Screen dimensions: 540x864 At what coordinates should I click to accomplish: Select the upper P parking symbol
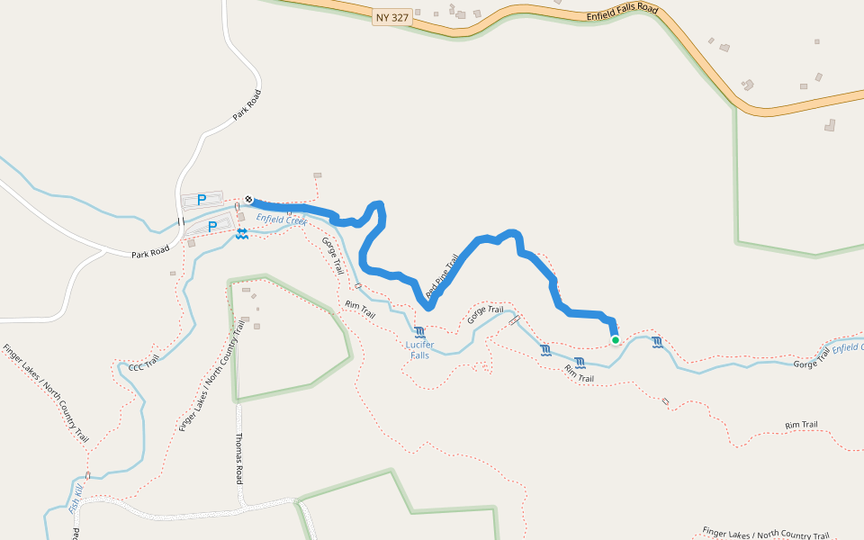tap(202, 200)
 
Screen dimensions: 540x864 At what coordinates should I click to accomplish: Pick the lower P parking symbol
tap(211, 227)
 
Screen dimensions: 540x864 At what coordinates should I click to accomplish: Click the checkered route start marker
tap(248, 199)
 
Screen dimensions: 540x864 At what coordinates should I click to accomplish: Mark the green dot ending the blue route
tap(616, 339)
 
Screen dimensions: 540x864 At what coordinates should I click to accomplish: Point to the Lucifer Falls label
tap(419, 349)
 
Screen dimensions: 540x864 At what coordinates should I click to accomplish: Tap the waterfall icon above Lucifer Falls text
tap(420, 332)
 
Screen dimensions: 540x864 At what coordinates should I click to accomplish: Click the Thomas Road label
tap(238, 458)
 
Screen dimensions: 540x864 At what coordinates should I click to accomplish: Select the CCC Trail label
tap(143, 364)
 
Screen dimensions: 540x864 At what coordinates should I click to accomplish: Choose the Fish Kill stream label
tap(76, 499)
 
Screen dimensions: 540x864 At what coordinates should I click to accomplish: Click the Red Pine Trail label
tap(442, 276)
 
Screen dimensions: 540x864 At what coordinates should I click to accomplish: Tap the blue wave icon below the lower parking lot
tap(242, 234)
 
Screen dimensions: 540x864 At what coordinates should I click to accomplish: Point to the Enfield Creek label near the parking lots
tap(281, 220)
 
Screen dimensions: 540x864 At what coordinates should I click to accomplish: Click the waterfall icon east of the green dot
tap(657, 342)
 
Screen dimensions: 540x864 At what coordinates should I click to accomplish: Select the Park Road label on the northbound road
tap(246, 104)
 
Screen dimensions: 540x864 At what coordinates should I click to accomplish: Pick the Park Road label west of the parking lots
tap(150, 253)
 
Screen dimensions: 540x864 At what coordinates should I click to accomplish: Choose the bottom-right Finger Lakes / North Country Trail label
tap(765, 533)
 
